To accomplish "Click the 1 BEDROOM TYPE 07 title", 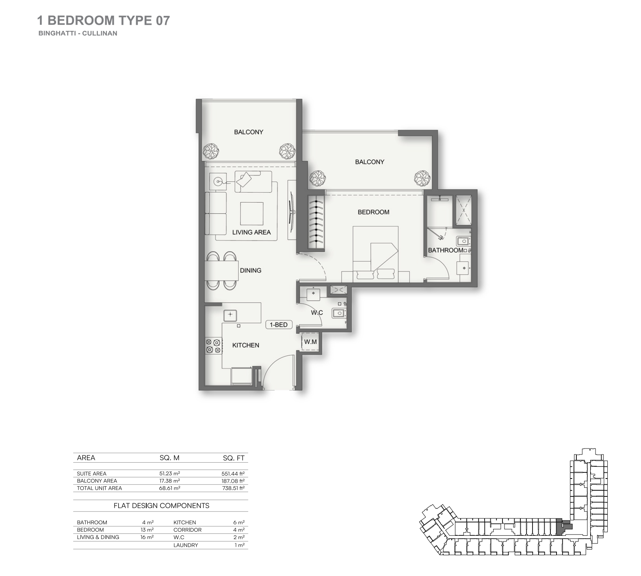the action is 104,20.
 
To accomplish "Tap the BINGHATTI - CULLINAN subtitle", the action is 78,33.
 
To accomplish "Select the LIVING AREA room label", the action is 251,232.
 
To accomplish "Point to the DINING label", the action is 251,271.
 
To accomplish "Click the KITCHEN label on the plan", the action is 246,345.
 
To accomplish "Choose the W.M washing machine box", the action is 310,342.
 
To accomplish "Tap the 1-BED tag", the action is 279,325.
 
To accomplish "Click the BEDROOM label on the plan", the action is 373,212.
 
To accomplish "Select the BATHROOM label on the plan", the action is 446,250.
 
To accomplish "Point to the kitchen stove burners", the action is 214,346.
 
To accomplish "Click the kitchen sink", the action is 230,315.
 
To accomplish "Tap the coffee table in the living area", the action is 252,214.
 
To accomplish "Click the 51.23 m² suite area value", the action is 170,474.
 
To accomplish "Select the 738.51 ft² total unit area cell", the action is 233,488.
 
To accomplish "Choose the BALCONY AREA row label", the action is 97,481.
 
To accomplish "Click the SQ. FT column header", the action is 234,458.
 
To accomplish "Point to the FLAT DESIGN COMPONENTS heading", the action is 162,506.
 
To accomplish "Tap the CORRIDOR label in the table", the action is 187,530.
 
